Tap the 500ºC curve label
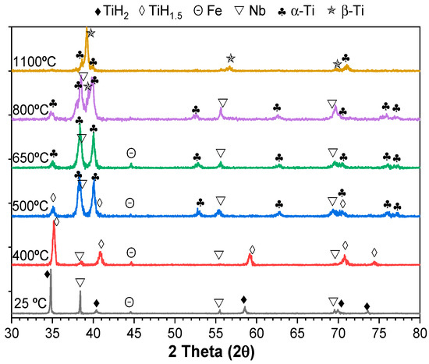[x=31, y=206]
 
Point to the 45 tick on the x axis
[x=134, y=334]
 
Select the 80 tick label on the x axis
[x=420, y=334]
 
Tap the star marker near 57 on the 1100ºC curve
[x=230, y=58]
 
